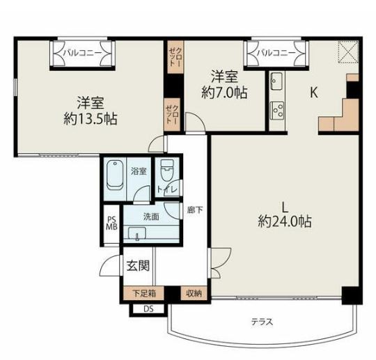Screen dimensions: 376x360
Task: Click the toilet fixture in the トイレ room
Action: coord(167,170)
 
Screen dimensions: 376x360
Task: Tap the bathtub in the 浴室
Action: coord(115,175)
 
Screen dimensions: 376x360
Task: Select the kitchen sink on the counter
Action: coord(276,81)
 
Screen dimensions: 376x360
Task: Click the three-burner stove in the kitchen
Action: coord(277,110)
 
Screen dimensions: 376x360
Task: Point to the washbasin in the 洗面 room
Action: coord(137,233)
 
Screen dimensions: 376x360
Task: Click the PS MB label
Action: coord(111,223)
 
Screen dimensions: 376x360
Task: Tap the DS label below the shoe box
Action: coord(148,309)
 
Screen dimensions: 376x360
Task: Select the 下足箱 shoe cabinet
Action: coord(143,293)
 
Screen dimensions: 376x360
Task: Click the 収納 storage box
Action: coord(194,293)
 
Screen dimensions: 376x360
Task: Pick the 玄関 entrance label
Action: coord(138,266)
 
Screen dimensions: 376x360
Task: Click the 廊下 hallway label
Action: coord(195,210)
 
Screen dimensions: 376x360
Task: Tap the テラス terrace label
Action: coord(262,322)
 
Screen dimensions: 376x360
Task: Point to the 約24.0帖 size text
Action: coord(285,221)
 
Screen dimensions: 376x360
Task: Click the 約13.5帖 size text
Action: coord(91,119)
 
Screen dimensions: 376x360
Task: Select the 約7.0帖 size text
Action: coord(224,93)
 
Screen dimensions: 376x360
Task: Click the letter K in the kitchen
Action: coord(314,92)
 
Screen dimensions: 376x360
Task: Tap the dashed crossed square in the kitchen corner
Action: coord(348,52)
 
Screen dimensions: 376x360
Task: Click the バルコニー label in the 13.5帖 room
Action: coord(82,53)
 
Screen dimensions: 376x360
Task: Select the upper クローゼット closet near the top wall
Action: coord(175,57)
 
